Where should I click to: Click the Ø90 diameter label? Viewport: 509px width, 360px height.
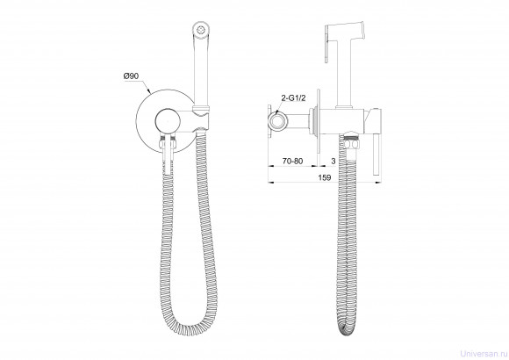(131, 76)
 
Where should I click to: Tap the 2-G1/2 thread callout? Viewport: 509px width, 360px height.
(293, 98)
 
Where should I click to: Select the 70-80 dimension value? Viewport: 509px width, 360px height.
(292, 161)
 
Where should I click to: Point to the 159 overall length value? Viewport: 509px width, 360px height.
(325, 177)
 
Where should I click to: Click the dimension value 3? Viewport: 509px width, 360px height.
(333, 161)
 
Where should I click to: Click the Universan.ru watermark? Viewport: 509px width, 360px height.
(484, 353)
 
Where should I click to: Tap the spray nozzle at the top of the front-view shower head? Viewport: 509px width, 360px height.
(202, 29)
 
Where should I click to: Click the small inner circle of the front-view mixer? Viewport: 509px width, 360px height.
(168, 121)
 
